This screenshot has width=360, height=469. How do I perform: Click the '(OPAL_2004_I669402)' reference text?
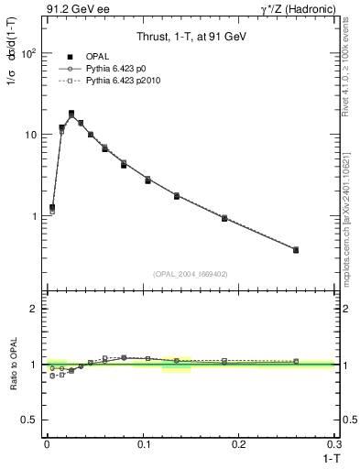pyautogui.click(x=190, y=273)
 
